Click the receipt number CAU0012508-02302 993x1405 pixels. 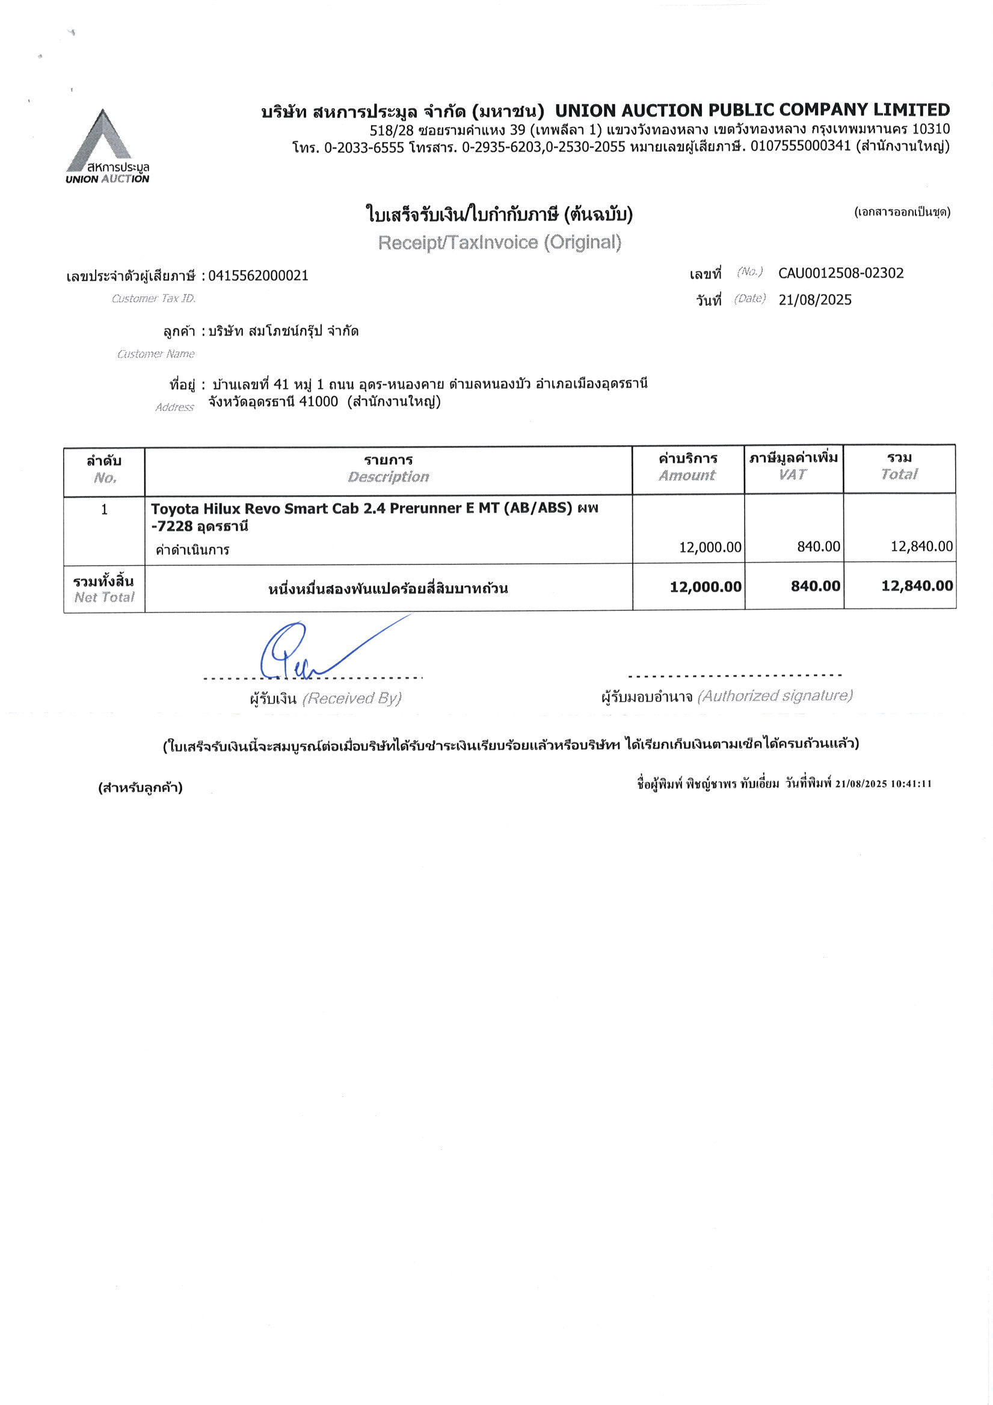pyautogui.click(x=841, y=273)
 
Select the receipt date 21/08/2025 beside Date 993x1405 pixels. pyautogui.click(x=815, y=300)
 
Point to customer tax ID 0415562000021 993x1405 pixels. pyautogui.click(x=258, y=276)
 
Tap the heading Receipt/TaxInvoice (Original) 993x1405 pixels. pyautogui.click(x=499, y=242)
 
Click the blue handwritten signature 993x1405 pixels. pyautogui.click(x=306, y=652)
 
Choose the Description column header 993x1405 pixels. pyautogui.click(x=389, y=477)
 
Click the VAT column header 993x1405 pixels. pyautogui.click(x=793, y=474)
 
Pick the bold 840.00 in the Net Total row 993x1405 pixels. pyautogui.click(x=815, y=585)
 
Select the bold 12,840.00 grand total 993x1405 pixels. pyautogui.click(x=917, y=585)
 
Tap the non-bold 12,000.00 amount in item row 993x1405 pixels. pyautogui.click(x=710, y=546)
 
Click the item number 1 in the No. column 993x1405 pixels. pyautogui.click(x=104, y=509)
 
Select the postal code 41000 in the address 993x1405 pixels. pyautogui.click(x=318, y=401)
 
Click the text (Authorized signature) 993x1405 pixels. pyautogui.click(x=775, y=696)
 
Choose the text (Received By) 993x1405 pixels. pyautogui.click(x=352, y=698)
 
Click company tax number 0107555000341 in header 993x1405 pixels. pyautogui.click(x=801, y=146)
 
